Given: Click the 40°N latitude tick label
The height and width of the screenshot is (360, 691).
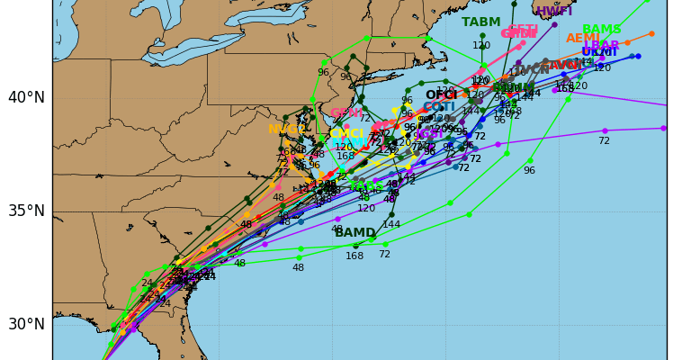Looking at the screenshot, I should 26,97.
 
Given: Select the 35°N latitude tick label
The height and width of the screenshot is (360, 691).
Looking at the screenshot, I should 26,211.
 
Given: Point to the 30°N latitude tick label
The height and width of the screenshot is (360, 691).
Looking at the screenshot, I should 26,324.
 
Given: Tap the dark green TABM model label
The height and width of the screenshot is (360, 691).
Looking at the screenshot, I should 480,22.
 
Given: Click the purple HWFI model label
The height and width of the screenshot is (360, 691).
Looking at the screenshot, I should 553,12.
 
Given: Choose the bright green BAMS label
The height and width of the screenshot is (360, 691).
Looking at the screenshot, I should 601,30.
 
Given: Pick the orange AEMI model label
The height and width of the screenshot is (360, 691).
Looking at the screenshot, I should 583,39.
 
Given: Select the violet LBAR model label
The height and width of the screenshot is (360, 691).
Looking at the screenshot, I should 601,45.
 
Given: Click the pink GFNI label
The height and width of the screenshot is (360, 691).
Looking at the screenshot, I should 346,113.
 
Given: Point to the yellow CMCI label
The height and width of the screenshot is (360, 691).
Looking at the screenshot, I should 346,134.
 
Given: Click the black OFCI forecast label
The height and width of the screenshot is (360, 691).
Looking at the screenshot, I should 441,94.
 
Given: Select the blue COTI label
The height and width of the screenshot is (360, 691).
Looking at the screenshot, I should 439,106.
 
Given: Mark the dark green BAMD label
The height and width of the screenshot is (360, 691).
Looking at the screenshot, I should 355,233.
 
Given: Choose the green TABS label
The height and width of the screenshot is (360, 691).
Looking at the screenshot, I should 366,186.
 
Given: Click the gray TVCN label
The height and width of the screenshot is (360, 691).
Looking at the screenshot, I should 532,69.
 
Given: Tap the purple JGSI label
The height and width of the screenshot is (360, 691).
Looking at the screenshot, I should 428,134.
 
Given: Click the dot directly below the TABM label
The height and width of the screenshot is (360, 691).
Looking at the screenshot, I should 482,36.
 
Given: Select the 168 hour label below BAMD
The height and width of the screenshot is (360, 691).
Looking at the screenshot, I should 354,256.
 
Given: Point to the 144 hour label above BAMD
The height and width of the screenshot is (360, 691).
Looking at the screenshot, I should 391,225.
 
